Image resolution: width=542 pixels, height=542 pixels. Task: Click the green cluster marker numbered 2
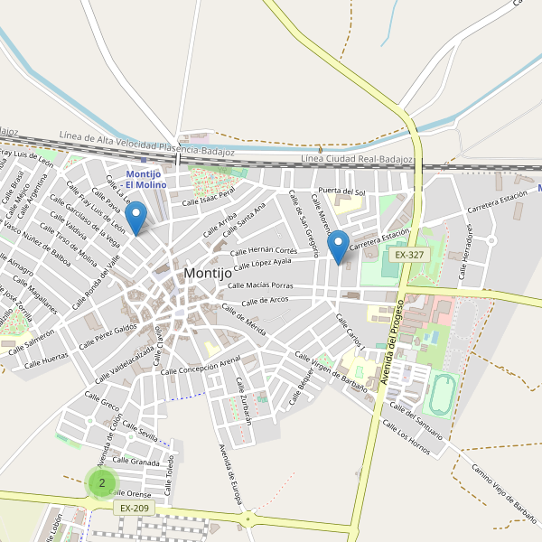point(102,483)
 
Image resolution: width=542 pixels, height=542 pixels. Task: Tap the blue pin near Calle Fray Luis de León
point(135,218)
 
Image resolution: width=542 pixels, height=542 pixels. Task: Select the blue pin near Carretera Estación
point(338,246)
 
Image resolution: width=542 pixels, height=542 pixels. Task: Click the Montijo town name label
point(212,273)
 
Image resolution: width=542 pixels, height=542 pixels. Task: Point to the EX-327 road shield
point(409,256)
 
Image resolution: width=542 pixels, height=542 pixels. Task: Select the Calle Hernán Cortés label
point(264,251)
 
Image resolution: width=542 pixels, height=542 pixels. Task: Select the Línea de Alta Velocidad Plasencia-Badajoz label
point(146,142)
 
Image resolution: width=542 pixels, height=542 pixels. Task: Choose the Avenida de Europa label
point(231,478)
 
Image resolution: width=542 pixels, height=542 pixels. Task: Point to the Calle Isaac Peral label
point(209,195)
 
